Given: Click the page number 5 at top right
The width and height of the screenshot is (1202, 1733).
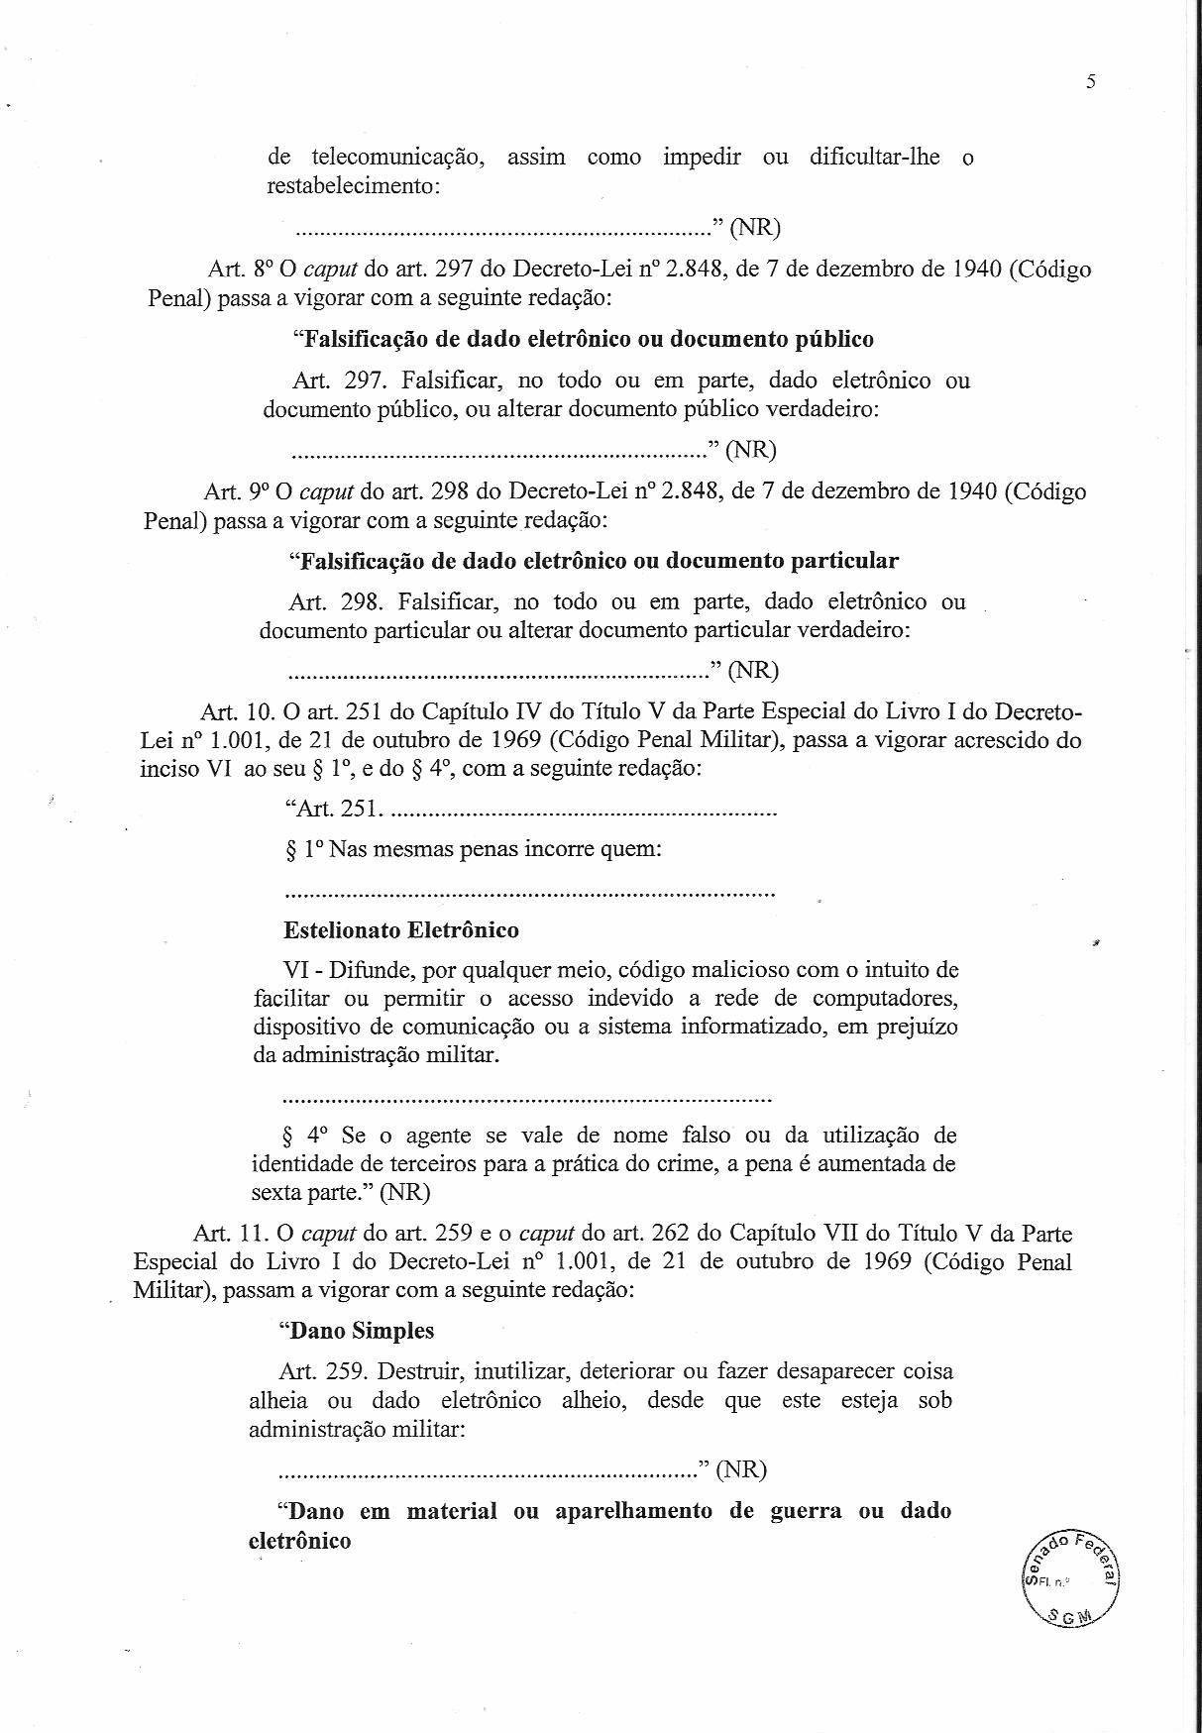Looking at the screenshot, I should click(x=1090, y=82).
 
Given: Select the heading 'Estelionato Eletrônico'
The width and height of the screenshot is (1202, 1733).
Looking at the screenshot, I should click(x=400, y=929).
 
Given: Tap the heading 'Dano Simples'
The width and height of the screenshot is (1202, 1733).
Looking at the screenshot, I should click(x=359, y=1330).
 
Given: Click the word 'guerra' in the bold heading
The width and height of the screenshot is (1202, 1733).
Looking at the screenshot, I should click(x=806, y=1511).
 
